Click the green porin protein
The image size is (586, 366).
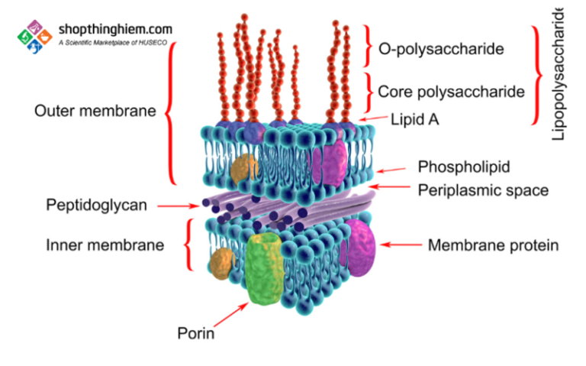point(264,269)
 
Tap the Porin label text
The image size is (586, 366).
point(196,333)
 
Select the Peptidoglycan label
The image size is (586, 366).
point(96,206)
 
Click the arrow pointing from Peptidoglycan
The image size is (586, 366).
point(179,206)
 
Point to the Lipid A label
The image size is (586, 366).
point(414,120)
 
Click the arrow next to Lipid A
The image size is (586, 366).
point(372,118)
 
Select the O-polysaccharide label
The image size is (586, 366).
point(441,49)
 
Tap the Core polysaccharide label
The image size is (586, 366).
point(451,92)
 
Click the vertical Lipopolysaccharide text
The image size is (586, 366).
point(558,73)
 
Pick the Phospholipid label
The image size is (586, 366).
point(464,167)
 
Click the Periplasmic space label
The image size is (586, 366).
point(483,190)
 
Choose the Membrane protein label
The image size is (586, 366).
point(494,245)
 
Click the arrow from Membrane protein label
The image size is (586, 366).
point(401,245)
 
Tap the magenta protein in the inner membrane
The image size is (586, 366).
point(358,248)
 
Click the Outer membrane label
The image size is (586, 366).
point(95,111)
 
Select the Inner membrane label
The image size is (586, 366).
point(105,245)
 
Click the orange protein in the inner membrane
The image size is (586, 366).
point(221,264)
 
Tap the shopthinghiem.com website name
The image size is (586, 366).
point(115,29)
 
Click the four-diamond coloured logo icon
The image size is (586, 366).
point(35,37)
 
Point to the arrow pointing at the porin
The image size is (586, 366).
point(230,315)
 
